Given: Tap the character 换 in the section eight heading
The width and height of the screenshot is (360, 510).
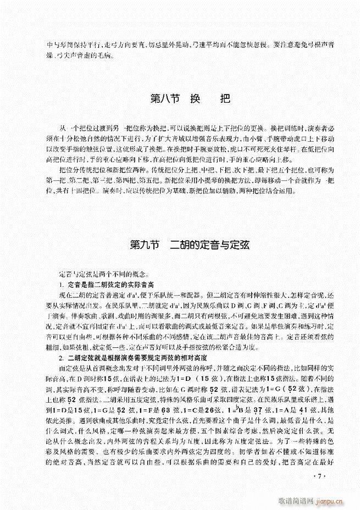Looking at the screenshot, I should (195, 102).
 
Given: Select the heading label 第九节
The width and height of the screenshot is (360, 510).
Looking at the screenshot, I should (144, 246).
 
